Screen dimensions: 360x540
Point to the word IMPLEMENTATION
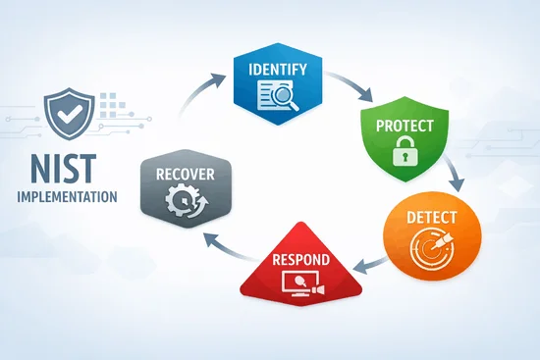coord(67,195)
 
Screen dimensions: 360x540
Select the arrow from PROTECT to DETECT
coord(456,177)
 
